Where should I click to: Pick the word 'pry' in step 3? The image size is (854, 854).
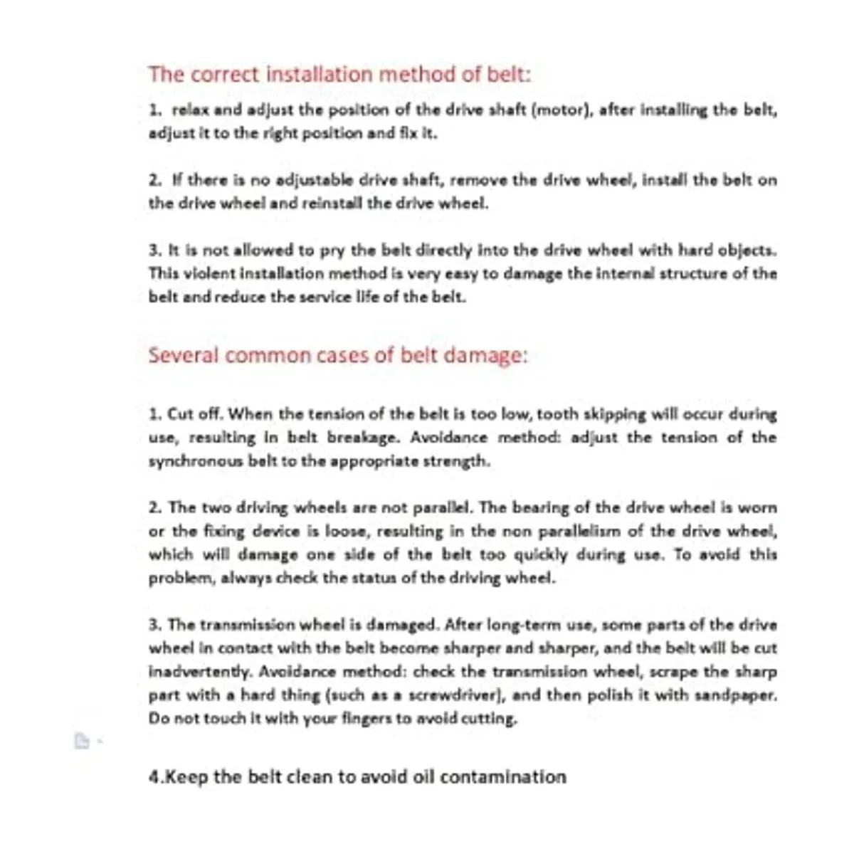332,250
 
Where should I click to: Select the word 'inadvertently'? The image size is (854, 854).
200,672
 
